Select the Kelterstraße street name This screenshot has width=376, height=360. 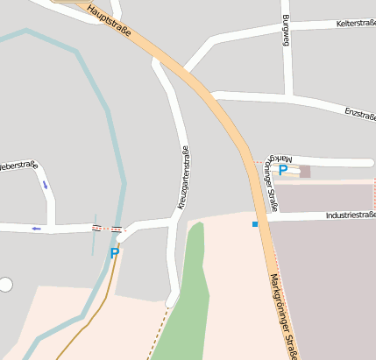pos(355,24)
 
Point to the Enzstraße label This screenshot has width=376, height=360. pos(360,114)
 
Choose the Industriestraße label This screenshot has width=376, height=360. pos(349,215)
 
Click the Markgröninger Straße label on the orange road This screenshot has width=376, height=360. pos(284,315)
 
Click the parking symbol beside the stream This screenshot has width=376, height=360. pos(114,253)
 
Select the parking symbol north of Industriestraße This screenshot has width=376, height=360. pos(282,171)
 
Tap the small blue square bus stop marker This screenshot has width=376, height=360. pos(255,225)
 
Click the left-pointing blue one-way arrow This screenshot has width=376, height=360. pos(36,229)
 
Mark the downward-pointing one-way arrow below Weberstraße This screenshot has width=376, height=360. pos(45,185)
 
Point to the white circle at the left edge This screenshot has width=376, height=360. pos(5,284)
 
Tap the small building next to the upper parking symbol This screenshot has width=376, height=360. pos(305,172)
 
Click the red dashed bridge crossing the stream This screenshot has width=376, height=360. pos(108,229)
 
